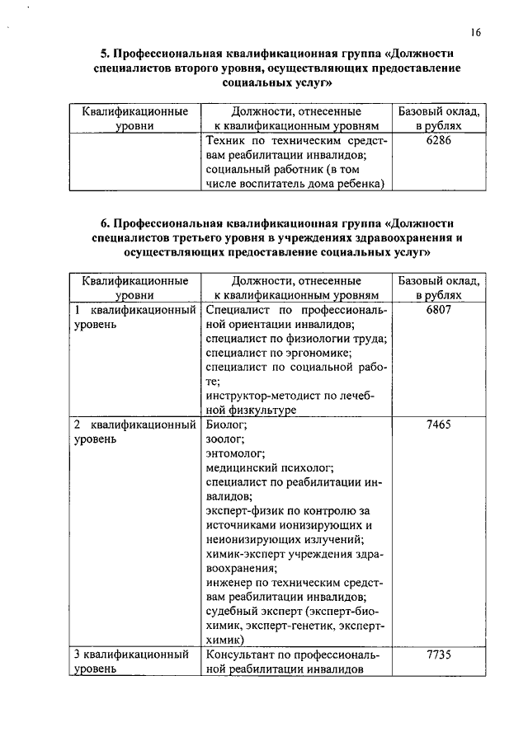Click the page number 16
click(x=476, y=32)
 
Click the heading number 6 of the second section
click(x=105, y=223)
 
